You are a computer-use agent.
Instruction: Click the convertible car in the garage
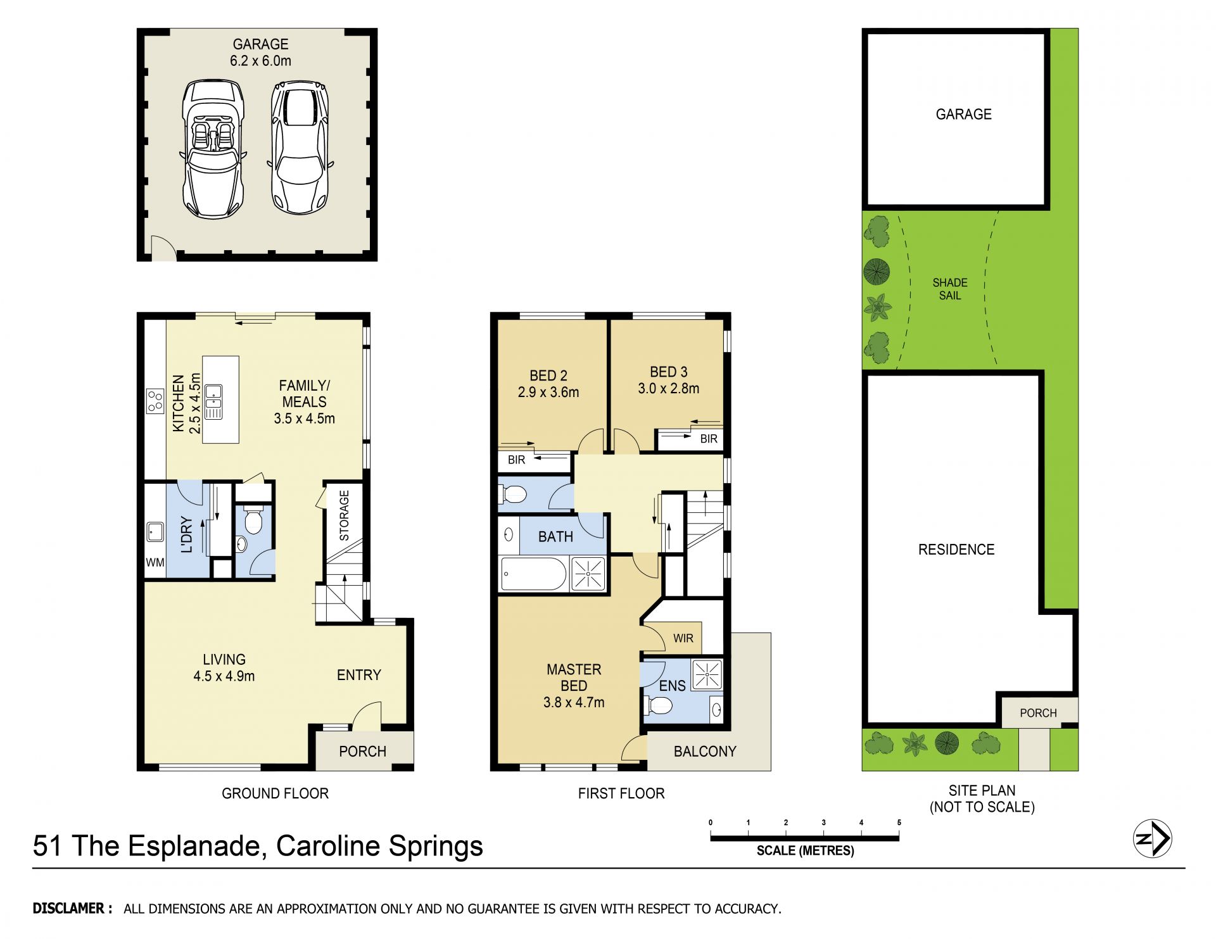pos(213,149)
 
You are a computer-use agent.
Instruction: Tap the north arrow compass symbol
pos(1152,839)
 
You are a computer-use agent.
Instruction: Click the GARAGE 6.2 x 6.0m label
pos(260,53)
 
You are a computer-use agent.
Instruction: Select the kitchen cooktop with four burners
pos(155,400)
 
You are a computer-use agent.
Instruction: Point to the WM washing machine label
pos(155,562)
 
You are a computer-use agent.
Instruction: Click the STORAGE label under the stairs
pos(344,515)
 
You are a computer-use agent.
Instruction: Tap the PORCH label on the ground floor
pos(362,752)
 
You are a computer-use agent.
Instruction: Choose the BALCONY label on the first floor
pos(705,752)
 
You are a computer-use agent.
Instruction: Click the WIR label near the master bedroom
pos(683,638)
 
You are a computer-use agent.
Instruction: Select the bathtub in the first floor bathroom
pos(533,574)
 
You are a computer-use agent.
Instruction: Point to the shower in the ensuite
pos(707,675)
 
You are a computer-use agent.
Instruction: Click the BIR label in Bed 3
pos(709,439)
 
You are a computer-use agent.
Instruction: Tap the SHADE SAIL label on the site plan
pos(950,289)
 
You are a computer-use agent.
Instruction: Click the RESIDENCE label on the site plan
pos(956,550)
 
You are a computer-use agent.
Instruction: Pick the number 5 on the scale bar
pos(899,822)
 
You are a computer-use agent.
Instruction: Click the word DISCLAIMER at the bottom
pos(68,909)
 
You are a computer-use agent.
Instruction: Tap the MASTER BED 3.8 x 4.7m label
pos(574,686)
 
